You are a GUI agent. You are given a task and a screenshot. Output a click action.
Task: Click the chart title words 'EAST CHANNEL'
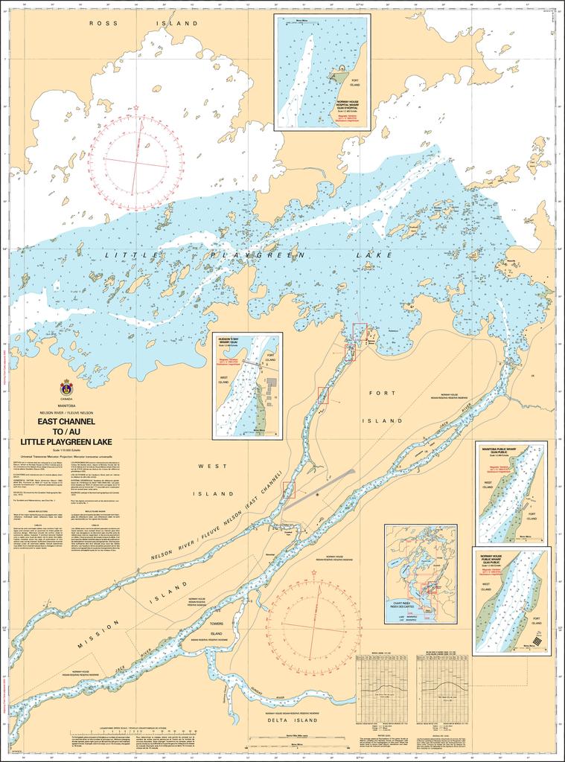click(x=66, y=421)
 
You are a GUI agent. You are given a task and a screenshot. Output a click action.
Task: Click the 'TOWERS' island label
click(x=217, y=624)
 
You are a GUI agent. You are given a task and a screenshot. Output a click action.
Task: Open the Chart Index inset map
click(x=421, y=573)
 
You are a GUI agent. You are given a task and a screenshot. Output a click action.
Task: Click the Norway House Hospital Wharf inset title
click(x=352, y=105)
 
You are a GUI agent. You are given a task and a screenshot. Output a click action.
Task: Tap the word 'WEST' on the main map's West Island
click(x=207, y=466)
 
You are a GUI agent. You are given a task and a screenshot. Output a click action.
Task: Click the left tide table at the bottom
click(x=383, y=688)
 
